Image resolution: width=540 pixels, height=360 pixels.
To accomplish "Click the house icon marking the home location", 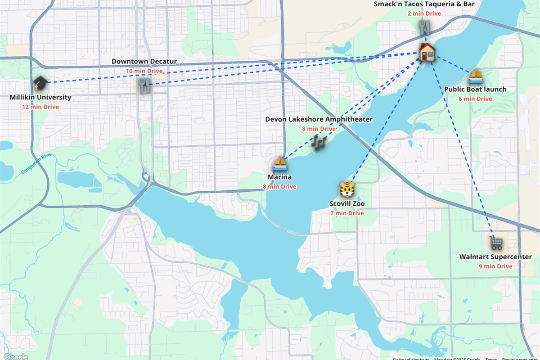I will coord(427,52).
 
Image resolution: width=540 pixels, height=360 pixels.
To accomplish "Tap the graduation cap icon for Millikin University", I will coord(40,83).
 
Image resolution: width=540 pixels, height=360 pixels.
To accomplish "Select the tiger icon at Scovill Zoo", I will coord(347,189).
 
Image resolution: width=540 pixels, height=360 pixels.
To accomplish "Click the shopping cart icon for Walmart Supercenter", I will coord(496,243).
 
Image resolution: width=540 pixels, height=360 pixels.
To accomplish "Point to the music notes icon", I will coord(319,143).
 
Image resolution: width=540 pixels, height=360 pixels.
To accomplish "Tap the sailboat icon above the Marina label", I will coord(280,163).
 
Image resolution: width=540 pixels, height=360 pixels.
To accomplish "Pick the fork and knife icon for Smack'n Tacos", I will coord(423,27).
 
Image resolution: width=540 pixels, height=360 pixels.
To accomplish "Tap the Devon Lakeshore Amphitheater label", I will coord(319,119).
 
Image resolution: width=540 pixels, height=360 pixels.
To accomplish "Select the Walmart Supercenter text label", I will coord(495,257).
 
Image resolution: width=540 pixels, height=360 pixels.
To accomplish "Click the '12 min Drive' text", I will coord(40,107).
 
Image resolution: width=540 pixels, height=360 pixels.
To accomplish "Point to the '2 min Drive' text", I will coord(424,13).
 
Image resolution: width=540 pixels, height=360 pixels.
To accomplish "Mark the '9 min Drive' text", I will coord(495,266).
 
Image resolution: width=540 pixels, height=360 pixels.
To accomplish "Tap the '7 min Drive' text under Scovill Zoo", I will coord(347,213).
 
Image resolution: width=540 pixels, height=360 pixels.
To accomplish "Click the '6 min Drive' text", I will coord(475,99).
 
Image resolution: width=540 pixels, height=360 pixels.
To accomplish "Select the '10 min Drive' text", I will coord(144,71).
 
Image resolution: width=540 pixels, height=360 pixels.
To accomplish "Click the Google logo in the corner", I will coord(16,356).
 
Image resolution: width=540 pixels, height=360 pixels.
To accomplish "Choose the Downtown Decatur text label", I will coord(144,62).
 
